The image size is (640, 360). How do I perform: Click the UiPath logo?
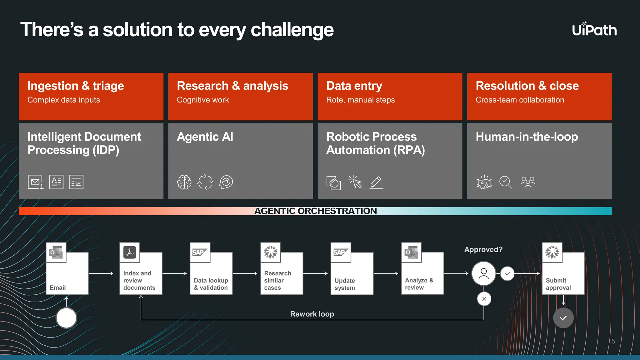(x=594, y=30)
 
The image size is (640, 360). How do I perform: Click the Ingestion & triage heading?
(x=76, y=86)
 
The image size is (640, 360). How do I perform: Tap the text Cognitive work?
(x=202, y=100)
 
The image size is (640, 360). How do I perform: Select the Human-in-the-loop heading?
(x=527, y=137)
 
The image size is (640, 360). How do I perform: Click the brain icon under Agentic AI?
(x=184, y=182)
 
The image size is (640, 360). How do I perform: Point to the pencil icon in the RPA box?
(x=376, y=182)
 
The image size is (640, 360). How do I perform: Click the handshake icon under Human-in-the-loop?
(x=484, y=182)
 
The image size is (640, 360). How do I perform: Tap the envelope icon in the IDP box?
(x=35, y=182)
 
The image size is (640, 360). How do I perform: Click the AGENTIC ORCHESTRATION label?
(x=315, y=211)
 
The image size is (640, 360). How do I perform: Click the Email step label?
(x=58, y=287)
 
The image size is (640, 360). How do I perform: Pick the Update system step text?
(x=345, y=284)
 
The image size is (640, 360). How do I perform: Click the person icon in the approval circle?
(x=483, y=273)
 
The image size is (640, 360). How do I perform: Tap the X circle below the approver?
(x=484, y=299)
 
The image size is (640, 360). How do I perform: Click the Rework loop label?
(x=312, y=314)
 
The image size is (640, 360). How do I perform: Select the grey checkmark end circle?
(x=563, y=318)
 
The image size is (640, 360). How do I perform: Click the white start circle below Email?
(x=66, y=318)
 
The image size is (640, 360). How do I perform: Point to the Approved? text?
(x=483, y=250)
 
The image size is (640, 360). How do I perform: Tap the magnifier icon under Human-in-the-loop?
(x=506, y=182)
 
